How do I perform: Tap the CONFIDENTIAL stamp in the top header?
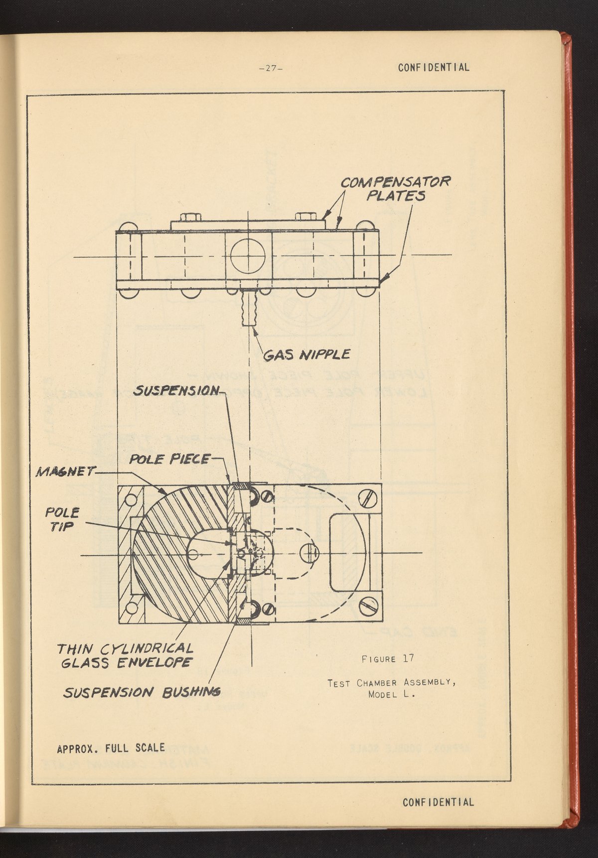[x=434, y=67]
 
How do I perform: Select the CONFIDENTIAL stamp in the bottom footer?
[x=438, y=802]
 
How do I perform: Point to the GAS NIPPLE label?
[x=306, y=355]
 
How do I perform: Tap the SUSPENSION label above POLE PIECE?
[x=176, y=390]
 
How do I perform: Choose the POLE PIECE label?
[x=169, y=459]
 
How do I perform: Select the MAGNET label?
[x=63, y=471]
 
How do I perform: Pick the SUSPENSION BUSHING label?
[x=142, y=692]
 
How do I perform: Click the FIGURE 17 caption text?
[x=388, y=658]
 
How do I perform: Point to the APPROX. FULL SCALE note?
[x=111, y=748]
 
